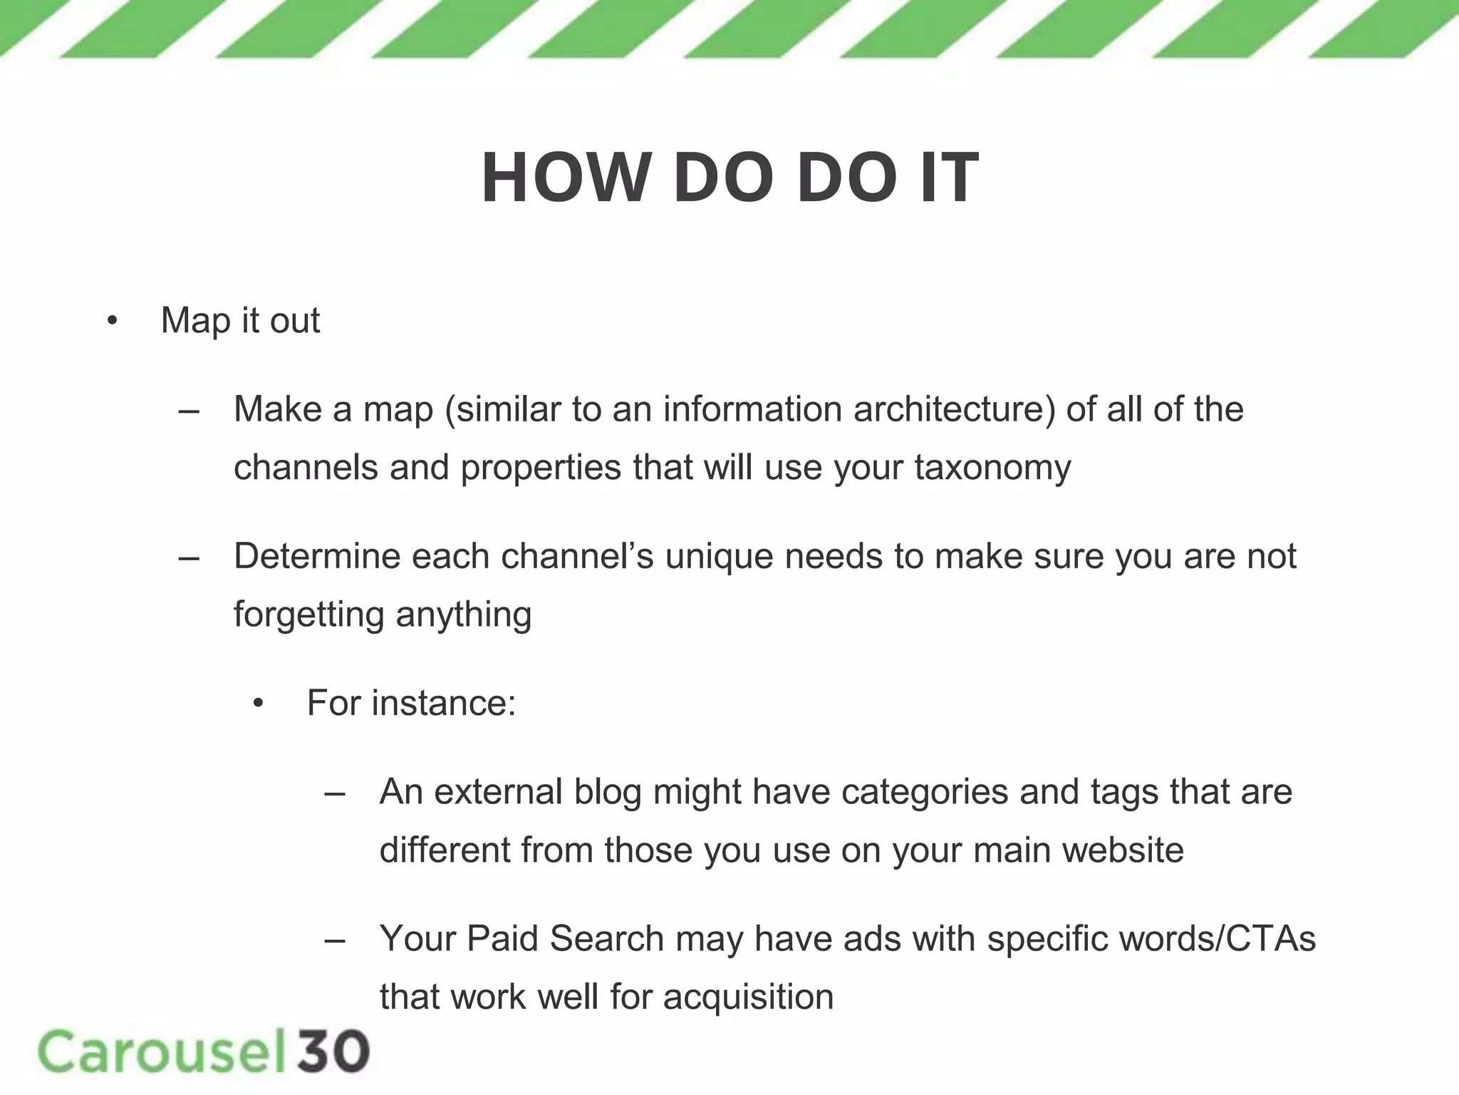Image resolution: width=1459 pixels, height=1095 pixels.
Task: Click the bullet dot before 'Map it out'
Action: (112, 322)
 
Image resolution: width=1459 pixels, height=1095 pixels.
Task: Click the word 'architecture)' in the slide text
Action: (954, 410)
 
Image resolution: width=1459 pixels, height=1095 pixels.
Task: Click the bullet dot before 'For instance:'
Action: (258, 705)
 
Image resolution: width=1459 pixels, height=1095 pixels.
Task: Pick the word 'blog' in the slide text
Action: (608, 792)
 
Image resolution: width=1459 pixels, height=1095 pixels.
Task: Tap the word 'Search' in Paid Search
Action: (606, 939)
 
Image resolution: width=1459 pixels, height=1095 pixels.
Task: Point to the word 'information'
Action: (752, 410)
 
